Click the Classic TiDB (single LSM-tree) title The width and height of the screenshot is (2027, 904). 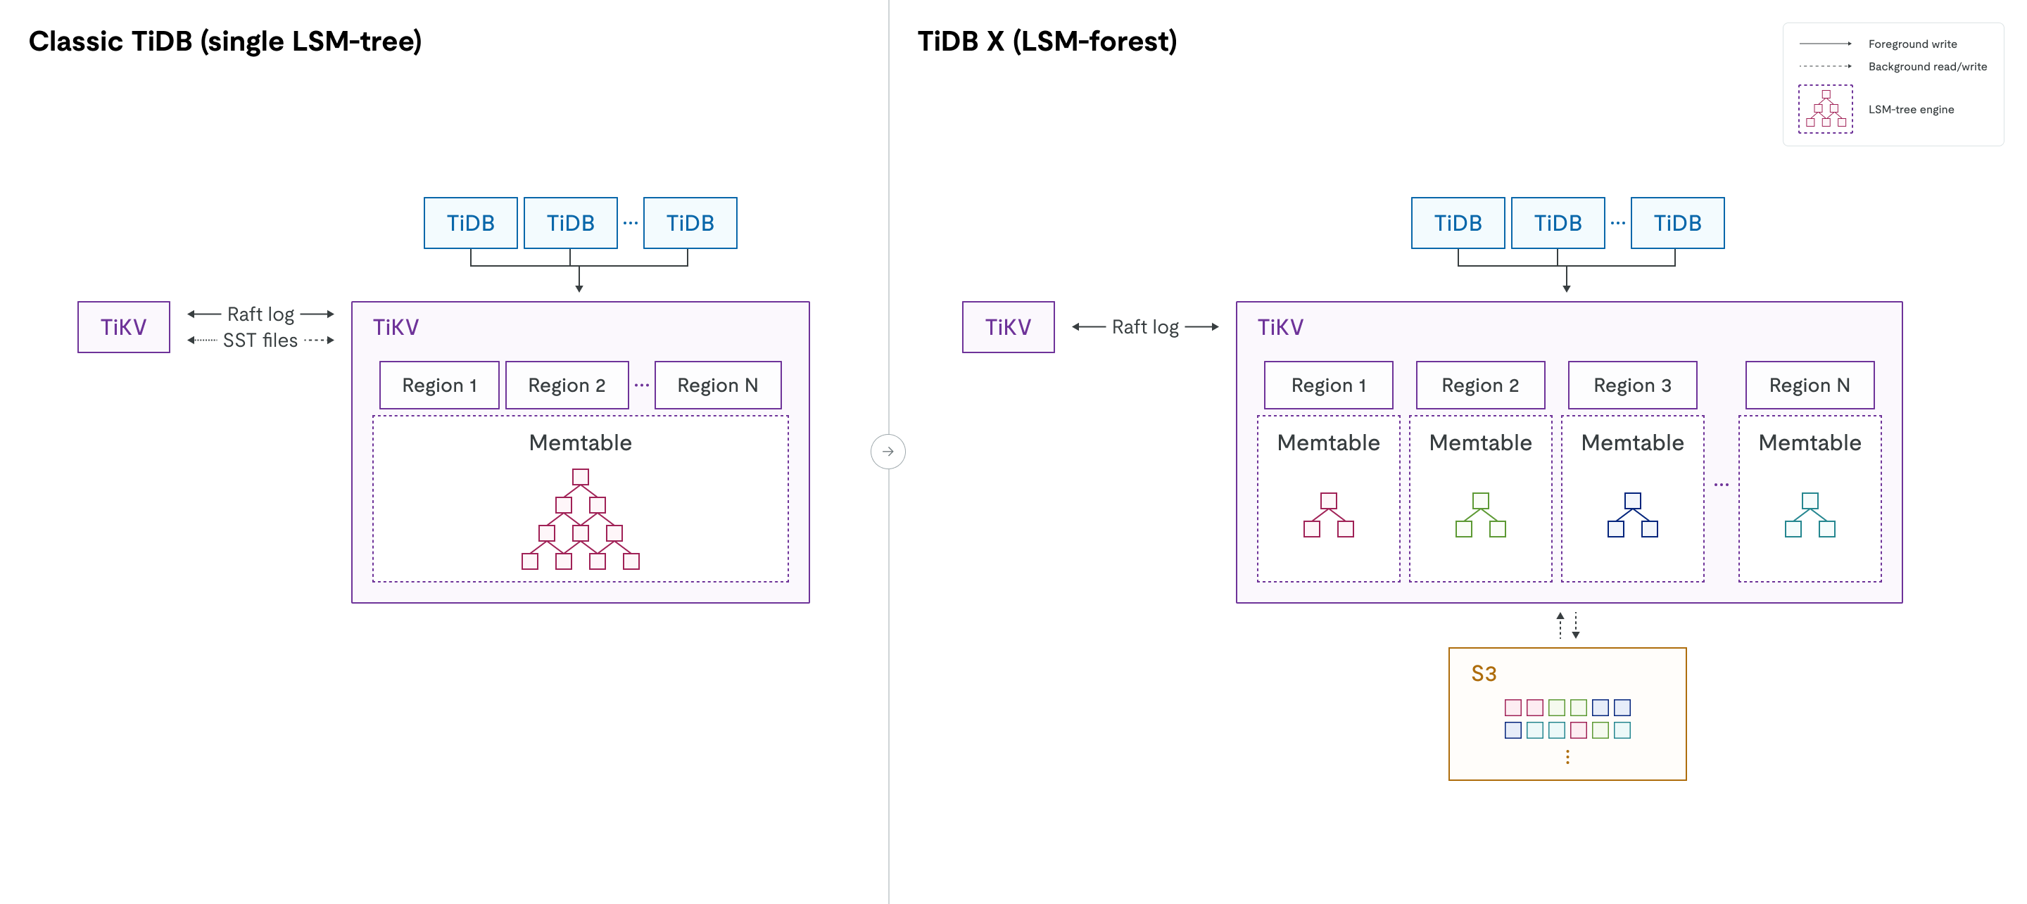(225, 41)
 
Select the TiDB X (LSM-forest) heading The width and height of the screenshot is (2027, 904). (1047, 41)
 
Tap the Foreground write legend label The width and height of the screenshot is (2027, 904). (1912, 44)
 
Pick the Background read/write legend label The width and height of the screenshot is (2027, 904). (1926, 67)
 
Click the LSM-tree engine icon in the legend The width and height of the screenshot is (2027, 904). (1825, 109)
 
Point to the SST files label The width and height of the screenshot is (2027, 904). (260, 340)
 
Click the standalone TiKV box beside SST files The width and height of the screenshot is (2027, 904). (124, 327)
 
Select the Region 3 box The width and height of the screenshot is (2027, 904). (1631, 386)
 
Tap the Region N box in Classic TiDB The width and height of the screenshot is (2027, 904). (717, 386)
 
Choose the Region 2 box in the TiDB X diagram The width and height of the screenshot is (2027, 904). (1479, 386)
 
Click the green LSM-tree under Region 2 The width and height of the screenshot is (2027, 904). (1480, 516)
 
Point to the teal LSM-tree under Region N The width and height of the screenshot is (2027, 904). (1809, 516)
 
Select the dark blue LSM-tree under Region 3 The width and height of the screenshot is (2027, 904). (1632, 516)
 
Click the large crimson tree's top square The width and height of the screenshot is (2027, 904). (580, 477)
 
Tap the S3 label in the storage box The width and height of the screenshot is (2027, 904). (1483, 673)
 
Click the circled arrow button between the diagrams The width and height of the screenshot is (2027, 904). (888, 452)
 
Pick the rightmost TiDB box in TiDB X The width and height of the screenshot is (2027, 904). (1676, 224)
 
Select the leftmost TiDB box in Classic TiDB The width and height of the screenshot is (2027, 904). (471, 224)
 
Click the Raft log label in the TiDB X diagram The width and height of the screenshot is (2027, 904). (1144, 327)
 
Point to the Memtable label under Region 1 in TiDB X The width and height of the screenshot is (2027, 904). (1327, 443)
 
